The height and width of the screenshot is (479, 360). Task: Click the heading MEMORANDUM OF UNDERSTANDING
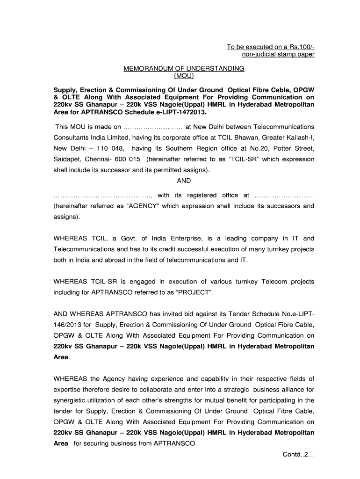pos(184,68)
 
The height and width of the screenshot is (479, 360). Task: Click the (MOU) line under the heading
pos(184,75)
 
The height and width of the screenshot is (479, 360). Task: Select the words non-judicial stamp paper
pos(278,54)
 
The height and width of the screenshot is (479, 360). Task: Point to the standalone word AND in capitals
pos(184,181)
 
